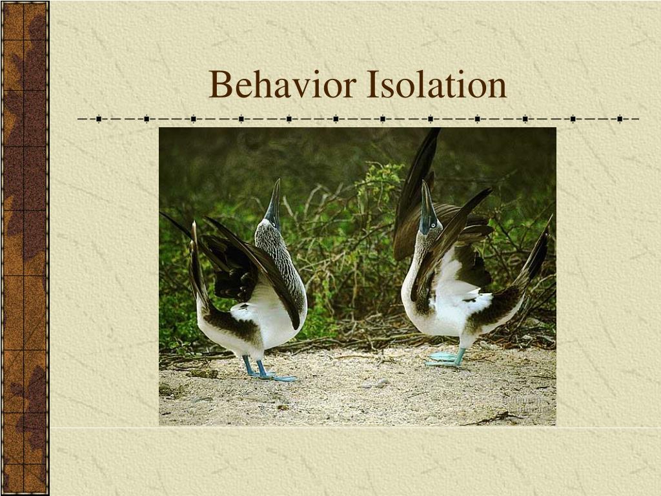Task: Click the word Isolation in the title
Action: point(436,85)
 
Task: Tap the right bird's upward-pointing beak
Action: point(427,197)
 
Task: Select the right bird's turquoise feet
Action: point(445,358)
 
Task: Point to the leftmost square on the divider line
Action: point(99,119)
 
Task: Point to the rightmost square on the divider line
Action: point(619,119)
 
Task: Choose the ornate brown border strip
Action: point(25,248)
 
